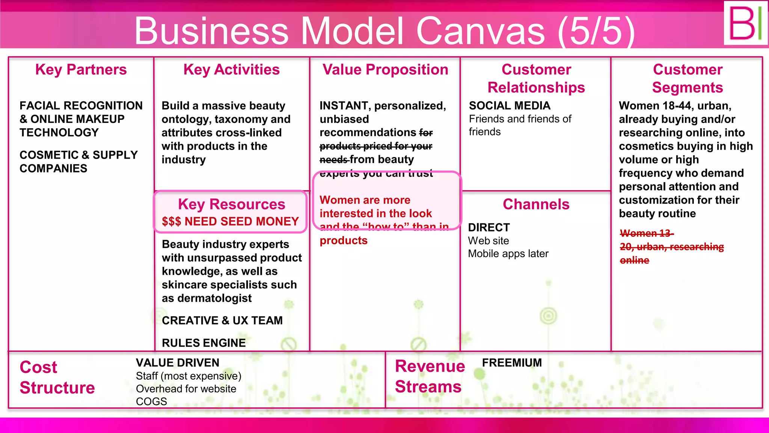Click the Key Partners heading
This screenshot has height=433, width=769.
pos(81,70)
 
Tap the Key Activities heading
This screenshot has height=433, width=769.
pos(231,70)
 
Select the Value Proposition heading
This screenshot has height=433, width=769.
pos(385,70)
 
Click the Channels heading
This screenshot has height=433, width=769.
pos(536,204)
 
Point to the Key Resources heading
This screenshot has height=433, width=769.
pos(231,204)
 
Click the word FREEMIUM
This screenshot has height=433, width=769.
pos(512,363)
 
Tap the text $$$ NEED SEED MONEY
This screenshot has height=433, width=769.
pos(230,221)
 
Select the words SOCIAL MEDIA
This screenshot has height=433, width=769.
pos(510,106)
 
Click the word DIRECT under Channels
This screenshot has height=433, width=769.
pos(489,227)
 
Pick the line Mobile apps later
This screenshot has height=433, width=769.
pos(508,254)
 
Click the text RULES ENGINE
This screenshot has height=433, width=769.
pos(204,343)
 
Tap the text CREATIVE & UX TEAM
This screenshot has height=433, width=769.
pos(222,320)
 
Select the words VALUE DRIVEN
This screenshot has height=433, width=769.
pos(177,363)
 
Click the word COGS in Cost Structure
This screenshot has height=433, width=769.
pos(151,401)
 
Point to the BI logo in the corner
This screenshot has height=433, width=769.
pos(745,23)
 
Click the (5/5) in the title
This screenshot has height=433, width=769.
pos(596,31)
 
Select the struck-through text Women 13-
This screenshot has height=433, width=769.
pos(647,233)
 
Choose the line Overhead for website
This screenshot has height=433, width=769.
pos(186,389)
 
